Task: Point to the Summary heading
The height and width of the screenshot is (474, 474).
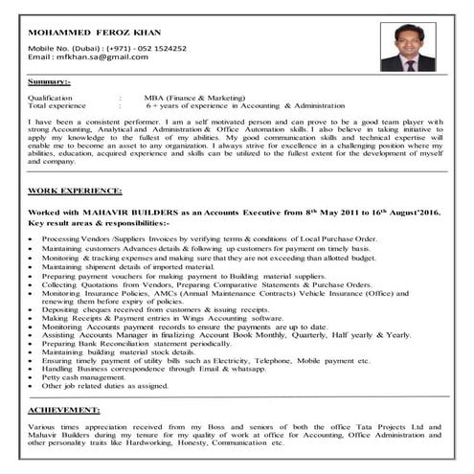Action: click(x=50, y=82)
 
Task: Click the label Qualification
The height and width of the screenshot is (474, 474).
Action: click(x=51, y=98)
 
